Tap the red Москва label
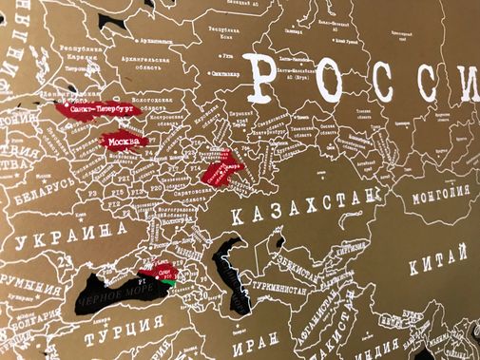pyautogui.click(x=124, y=143)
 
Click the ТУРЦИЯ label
pyautogui.click(x=119, y=335)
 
